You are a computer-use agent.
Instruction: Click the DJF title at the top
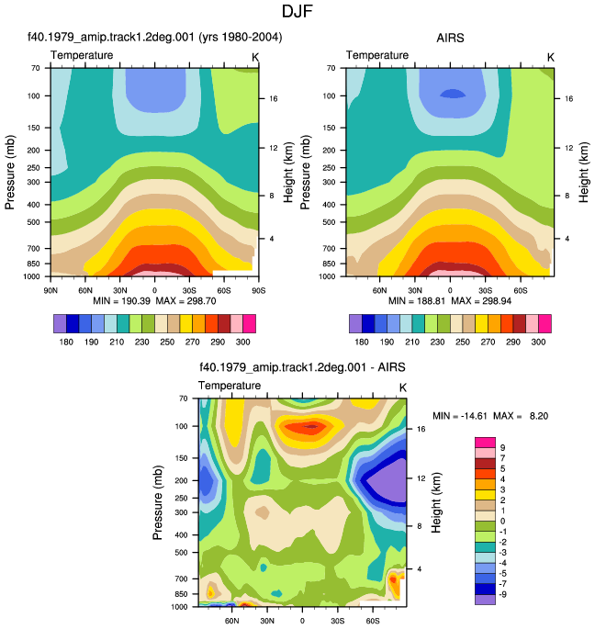(x=297, y=11)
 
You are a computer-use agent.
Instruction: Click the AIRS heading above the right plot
(x=450, y=39)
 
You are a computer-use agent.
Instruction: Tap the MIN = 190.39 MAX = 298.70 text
(x=154, y=301)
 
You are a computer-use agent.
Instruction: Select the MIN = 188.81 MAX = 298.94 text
(x=450, y=301)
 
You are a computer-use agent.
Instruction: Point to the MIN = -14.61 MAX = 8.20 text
(x=490, y=416)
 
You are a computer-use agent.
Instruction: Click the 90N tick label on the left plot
(x=51, y=290)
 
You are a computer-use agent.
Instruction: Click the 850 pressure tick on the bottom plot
(x=182, y=594)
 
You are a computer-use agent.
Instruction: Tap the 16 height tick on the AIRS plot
(x=569, y=98)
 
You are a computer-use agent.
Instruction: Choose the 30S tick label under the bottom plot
(x=337, y=621)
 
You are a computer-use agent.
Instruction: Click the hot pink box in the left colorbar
(x=250, y=324)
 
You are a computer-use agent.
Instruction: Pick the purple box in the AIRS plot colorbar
(x=355, y=324)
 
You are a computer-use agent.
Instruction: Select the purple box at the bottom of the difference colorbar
(x=485, y=600)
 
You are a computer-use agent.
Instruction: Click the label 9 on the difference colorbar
(x=503, y=448)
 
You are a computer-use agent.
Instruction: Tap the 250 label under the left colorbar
(x=167, y=343)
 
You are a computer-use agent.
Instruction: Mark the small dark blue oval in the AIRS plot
(x=453, y=94)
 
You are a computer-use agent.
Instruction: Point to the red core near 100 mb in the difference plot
(x=311, y=427)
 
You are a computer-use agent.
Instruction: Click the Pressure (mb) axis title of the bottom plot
(x=157, y=502)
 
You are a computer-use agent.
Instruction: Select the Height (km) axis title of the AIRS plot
(x=584, y=172)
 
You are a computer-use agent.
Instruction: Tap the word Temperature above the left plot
(x=82, y=55)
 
